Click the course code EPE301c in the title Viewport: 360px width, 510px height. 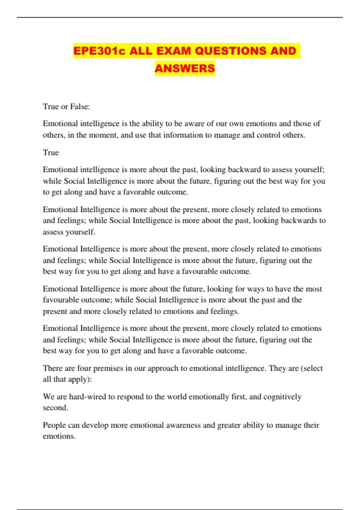click(99, 51)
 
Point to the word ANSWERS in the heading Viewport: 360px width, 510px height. click(185, 68)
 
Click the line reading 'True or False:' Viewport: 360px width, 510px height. click(66, 106)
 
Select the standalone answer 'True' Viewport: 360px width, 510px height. click(51, 152)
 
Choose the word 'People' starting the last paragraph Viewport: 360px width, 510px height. click(54, 425)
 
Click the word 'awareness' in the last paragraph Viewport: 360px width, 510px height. click(183, 425)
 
